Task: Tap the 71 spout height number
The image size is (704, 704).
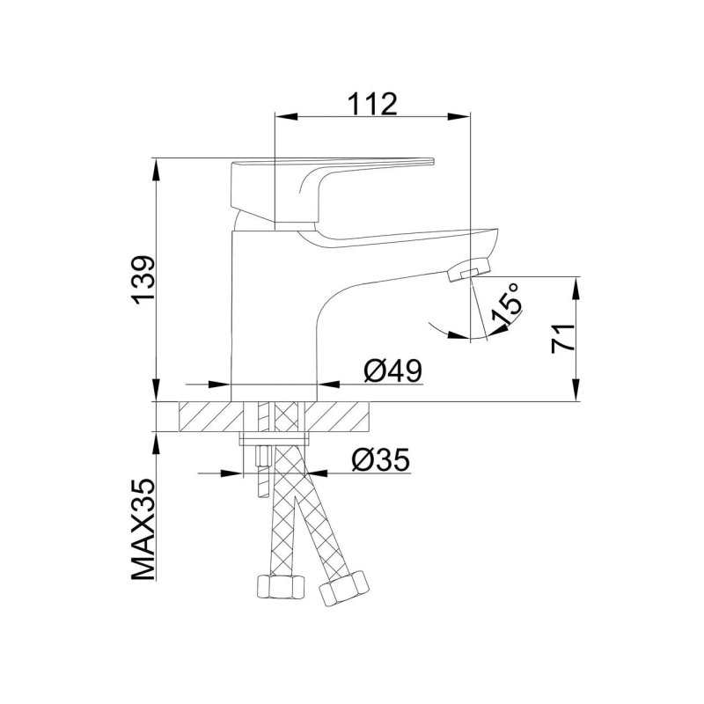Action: [563, 338]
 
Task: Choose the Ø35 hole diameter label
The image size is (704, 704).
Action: [380, 460]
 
